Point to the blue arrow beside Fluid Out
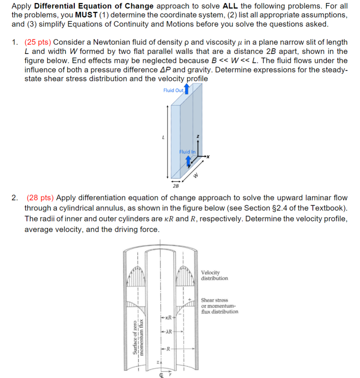[187, 89]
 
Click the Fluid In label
[188, 151]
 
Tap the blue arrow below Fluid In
[188, 161]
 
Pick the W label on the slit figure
[197, 175]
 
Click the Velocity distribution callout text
[214, 275]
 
